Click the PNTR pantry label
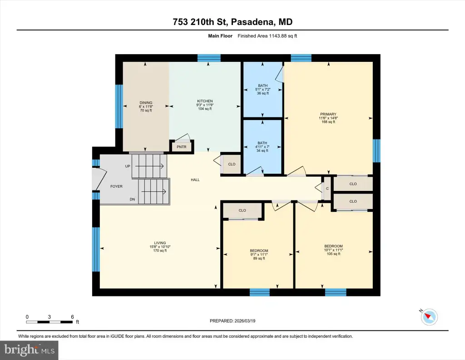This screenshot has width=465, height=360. [182, 147]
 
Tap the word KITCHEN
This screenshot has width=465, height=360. [205, 101]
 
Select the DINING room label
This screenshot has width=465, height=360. [146, 103]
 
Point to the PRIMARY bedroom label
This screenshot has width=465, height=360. [328, 114]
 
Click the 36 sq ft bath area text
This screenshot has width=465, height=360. [263, 93]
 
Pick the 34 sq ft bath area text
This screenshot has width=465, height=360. [262, 150]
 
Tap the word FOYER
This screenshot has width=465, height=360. [116, 186]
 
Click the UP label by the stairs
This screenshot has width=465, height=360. [128, 166]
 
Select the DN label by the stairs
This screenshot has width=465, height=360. [132, 199]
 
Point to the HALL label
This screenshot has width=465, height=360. [195, 180]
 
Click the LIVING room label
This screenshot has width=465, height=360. [160, 243]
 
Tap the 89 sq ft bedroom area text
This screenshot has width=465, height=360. [259, 258]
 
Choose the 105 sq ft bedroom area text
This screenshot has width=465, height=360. [334, 254]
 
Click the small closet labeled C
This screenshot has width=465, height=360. [327, 189]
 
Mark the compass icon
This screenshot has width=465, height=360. [429, 317]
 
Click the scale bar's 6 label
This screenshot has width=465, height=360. [72, 317]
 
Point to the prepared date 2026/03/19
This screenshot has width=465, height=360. [245, 321]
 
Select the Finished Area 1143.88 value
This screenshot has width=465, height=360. [278, 36]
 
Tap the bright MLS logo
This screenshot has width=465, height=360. [29, 350]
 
